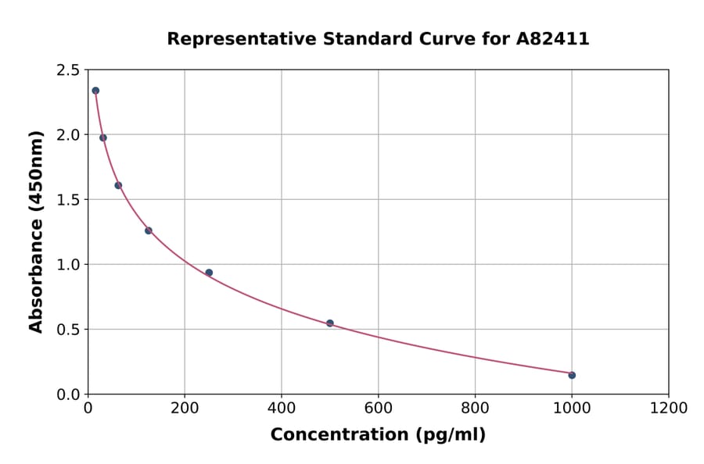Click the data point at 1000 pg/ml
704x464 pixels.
click(x=572, y=375)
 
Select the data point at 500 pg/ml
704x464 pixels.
click(x=330, y=323)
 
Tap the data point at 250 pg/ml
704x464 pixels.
click(x=209, y=273)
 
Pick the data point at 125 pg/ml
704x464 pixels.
click(x=149, y=230)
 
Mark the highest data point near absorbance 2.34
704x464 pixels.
click(x=95, y=91)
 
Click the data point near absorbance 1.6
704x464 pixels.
click(x=118, y=185)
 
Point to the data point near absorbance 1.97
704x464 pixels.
click(x=103, y=137)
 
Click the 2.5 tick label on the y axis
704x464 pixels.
click(x=68, y=70)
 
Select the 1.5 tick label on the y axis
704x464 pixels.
click(x=68, y=200)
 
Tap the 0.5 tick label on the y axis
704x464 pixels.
click(x=68, y=330)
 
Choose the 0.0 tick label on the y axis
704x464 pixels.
click(x=68, y=394)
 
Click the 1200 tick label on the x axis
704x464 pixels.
click(x=668, y=409)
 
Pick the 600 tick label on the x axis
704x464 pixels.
click(x=378, y=409)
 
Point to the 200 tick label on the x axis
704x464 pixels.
click(x=185, y=409)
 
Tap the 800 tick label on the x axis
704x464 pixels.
click(x=475, y=409)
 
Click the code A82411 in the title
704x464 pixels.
click(x=552, y=38)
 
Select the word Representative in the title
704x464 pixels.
click(x=231, y=38)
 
